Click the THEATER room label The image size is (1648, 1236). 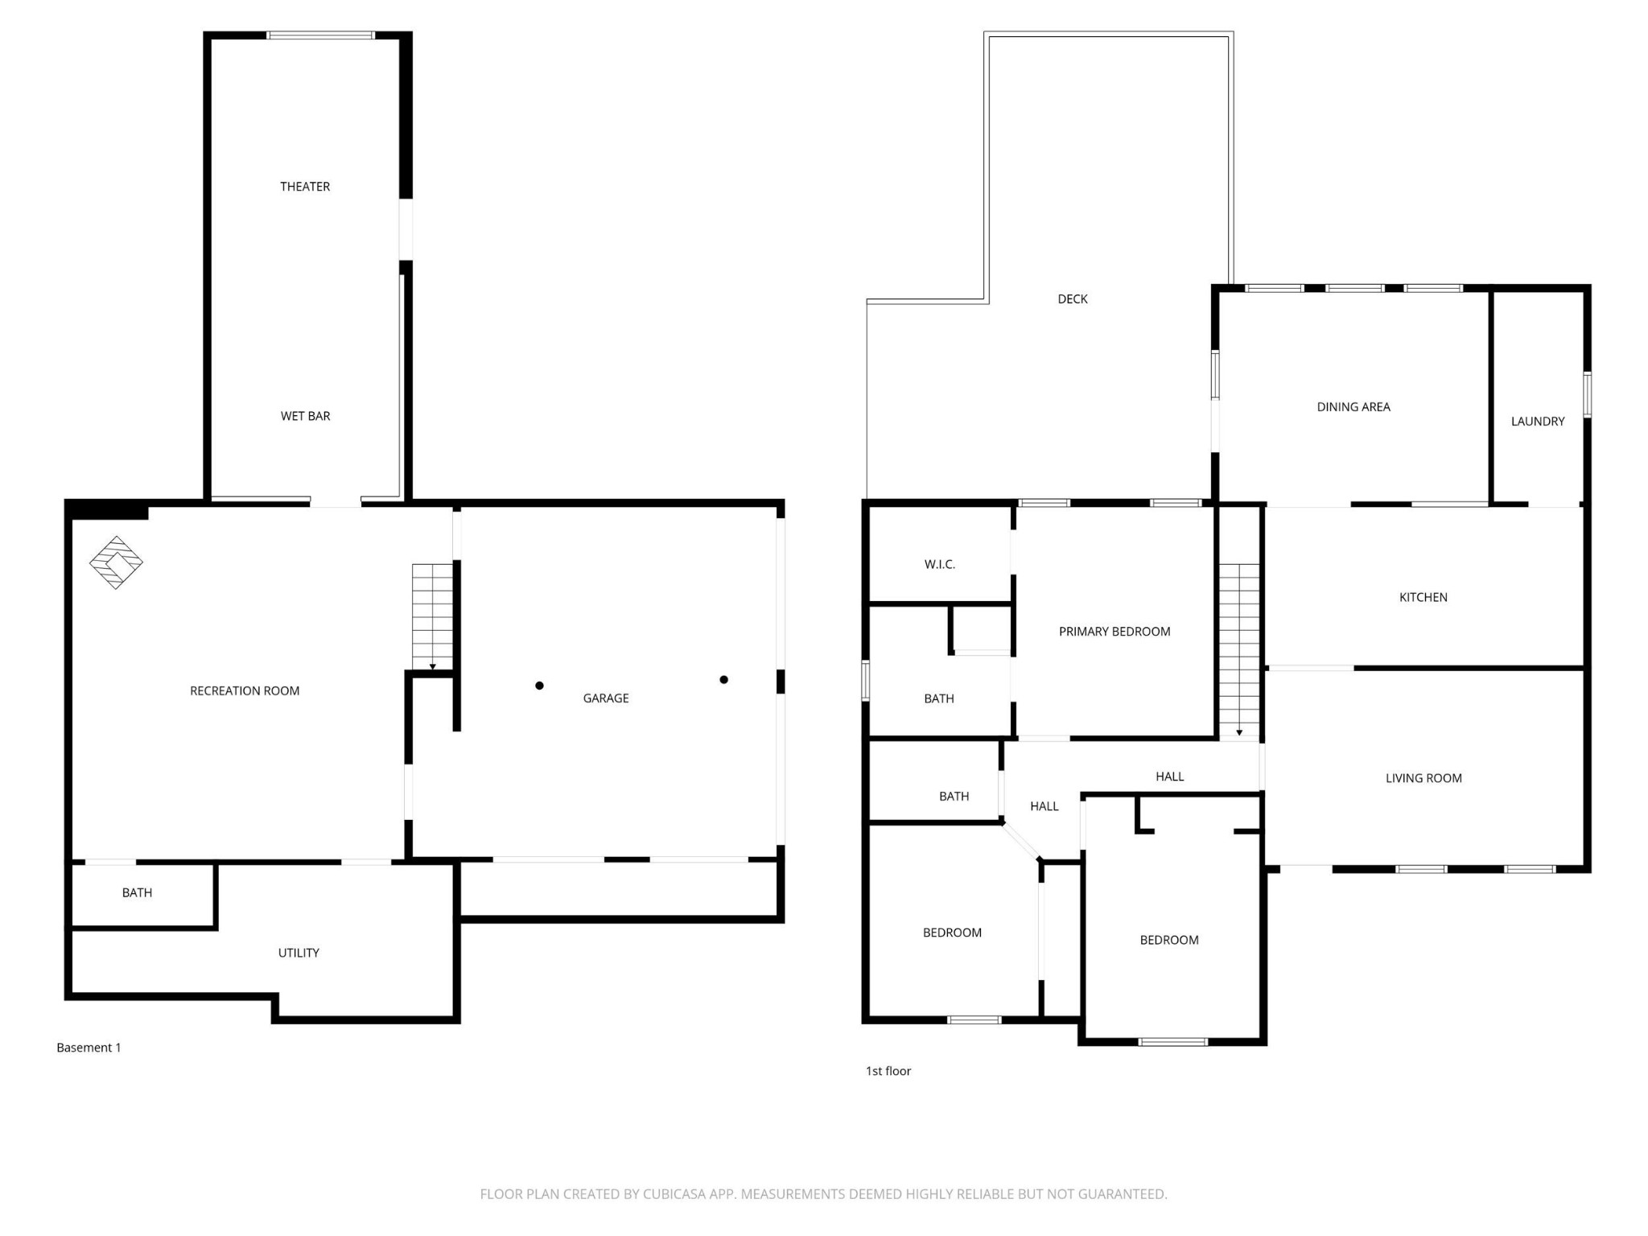[x=305, y=187]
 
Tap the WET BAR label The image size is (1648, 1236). [x=305, y=416]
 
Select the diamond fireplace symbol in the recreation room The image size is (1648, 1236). [x=116, y=562]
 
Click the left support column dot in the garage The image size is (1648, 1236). [x=539, y=686]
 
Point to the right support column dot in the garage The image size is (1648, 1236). [x=723, y=680]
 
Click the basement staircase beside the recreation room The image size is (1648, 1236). [x=433, y=616]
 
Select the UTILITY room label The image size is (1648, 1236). [x=299, y=953]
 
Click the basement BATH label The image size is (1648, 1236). [x=137, y=892]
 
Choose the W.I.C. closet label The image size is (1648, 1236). [x=939, y=565]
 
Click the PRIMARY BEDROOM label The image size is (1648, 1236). [x=1114, y=632]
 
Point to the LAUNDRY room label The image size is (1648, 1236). [x=1537, y=422]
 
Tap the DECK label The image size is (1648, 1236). [x=1072, y=299]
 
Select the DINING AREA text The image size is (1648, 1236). [x=1353, y=407]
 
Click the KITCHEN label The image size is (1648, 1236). [x=1423, y=597]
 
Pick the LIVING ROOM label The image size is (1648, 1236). [x=1423, y=778]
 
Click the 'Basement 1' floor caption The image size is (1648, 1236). [x=89, y=1048]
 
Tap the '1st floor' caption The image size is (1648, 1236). [x=888, y=1071]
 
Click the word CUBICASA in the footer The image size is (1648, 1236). [x=674, y=1194]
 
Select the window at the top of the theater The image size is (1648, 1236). [x=320, y=35]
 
